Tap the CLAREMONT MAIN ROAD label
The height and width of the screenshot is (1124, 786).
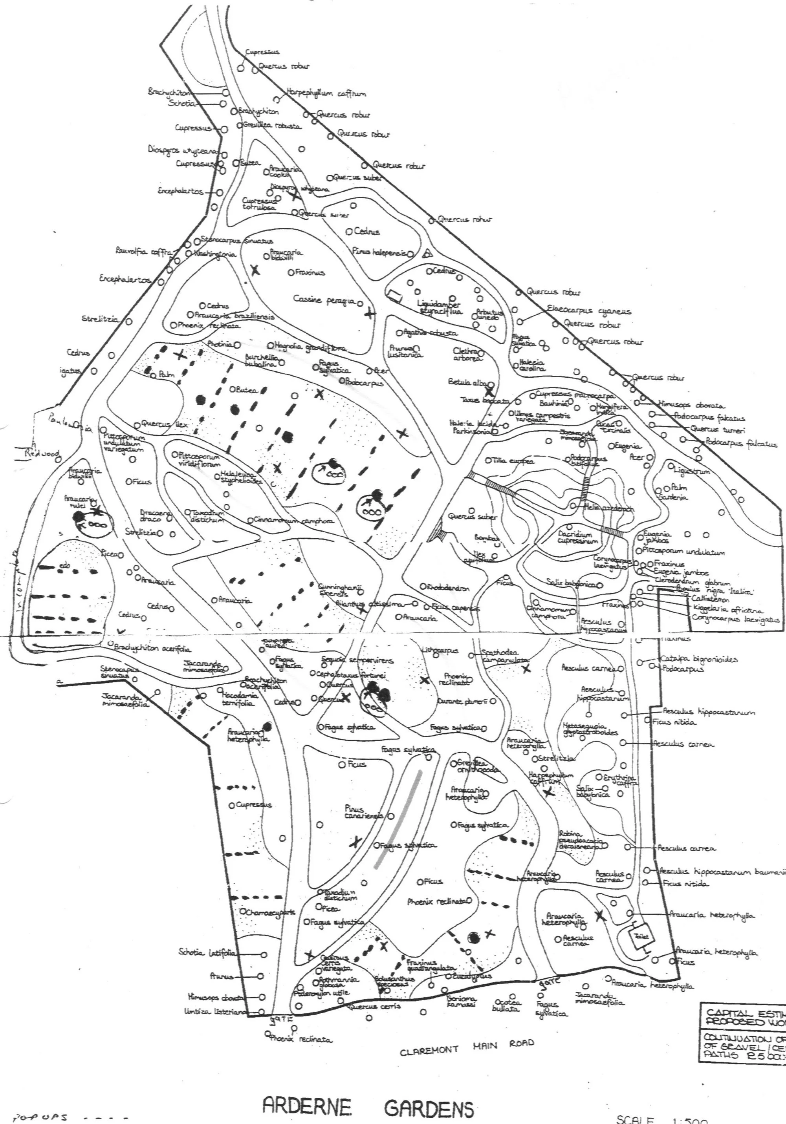click(467, 1047)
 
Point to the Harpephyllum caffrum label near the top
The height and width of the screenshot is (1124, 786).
click(325, 93)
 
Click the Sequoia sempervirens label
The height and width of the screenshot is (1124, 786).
click(357, 660)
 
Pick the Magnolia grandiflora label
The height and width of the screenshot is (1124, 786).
click(310, 347)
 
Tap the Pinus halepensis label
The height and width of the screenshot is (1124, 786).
click(379, 252)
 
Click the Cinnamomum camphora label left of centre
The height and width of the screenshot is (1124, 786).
click(294, 521)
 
